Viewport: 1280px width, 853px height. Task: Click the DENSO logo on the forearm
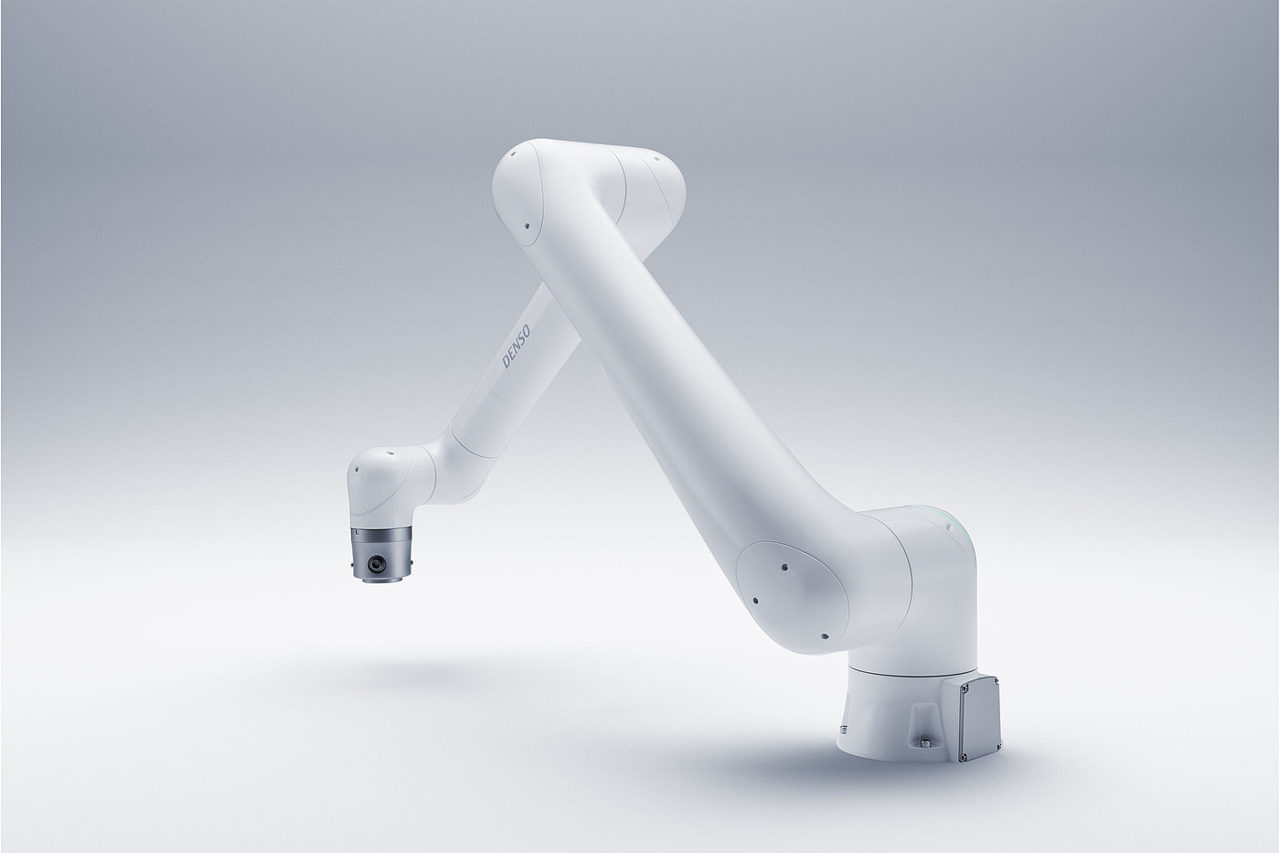click(516, 347)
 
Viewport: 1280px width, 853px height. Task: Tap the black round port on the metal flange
click(377, 564)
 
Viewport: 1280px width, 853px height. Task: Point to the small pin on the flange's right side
click(411, 563)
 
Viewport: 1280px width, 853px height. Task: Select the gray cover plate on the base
click(979, 719)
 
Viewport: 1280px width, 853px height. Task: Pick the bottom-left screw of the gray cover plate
click(965, 757)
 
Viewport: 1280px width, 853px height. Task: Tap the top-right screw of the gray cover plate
click(996, 681)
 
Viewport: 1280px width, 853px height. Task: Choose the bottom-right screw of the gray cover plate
click(997, 745)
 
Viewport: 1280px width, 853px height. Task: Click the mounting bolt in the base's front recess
click(925, 743)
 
